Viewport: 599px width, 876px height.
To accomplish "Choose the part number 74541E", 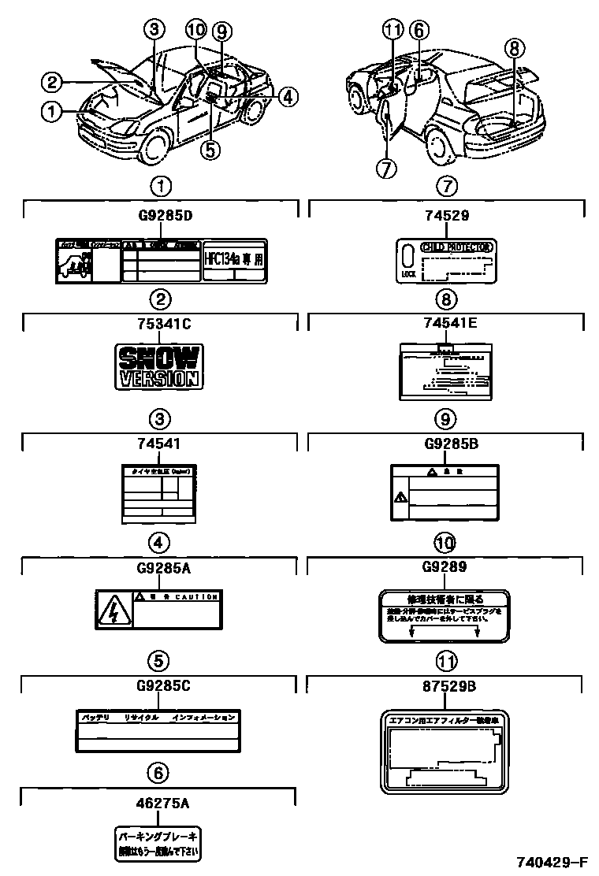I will coord(446,322).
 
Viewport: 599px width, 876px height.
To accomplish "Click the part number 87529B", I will coord(446,685).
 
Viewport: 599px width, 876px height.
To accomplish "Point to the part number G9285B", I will coord(446,443).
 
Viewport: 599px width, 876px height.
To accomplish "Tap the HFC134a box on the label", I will coord(234,261).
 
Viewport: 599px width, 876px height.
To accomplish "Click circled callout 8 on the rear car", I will coord(513,48).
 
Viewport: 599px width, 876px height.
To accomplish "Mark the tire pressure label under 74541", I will coord(159,492).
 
